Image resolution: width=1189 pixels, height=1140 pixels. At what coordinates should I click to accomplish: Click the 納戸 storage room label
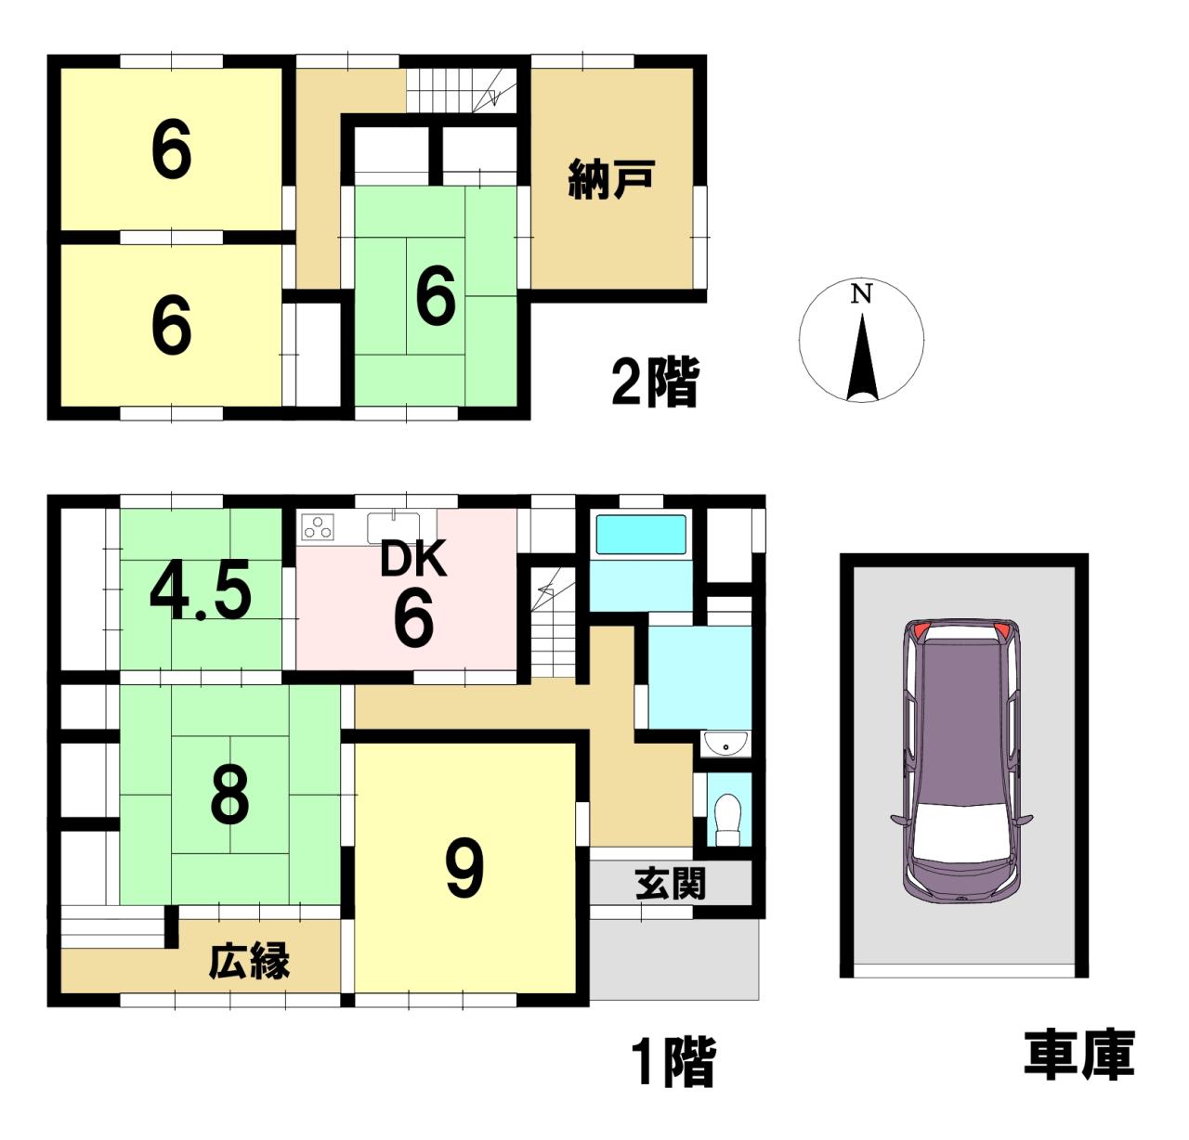(x=611, y=179)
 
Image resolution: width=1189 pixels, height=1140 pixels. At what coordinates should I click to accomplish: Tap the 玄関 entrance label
(x=671, y=884)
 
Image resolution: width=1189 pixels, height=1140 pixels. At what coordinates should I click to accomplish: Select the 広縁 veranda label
(x=249, y=962)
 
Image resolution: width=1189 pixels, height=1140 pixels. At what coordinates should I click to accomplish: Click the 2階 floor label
(x=654, y=382)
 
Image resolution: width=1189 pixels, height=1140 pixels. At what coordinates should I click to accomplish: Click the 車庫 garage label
(x=1079, y=1055)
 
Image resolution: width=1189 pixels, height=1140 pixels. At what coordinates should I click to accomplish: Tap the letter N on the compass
(x=861, y=294)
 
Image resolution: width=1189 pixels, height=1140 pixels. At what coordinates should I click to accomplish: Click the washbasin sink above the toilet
(x=726, y=745)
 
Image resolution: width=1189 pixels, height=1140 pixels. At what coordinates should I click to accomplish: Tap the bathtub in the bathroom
(x=640, y=535)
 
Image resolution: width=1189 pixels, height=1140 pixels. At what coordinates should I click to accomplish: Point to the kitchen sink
(x=394, y=527)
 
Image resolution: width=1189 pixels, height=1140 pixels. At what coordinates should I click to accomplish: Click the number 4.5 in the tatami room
(x=201, y=589)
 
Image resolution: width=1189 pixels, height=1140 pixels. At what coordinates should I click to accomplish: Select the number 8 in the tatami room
(x=229, y=795)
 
